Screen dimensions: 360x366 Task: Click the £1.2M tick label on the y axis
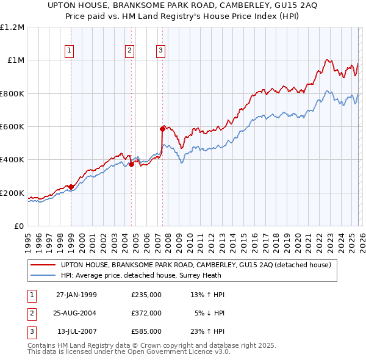tap(12, 27)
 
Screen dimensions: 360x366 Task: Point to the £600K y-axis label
tap(12, 127)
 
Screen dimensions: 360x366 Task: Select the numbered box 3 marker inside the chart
tap(161, 51)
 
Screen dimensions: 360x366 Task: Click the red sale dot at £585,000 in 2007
tap(162, 129)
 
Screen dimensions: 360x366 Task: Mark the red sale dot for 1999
tap(71, 187)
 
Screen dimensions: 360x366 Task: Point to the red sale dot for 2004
tap(131, 164)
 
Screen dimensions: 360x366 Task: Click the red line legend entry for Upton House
tap(195, 265)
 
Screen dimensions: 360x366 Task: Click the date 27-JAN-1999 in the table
tap(76, 295)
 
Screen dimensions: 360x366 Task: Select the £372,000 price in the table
tap(146, 313)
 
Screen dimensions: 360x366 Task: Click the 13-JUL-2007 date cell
tap(77, 331)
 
